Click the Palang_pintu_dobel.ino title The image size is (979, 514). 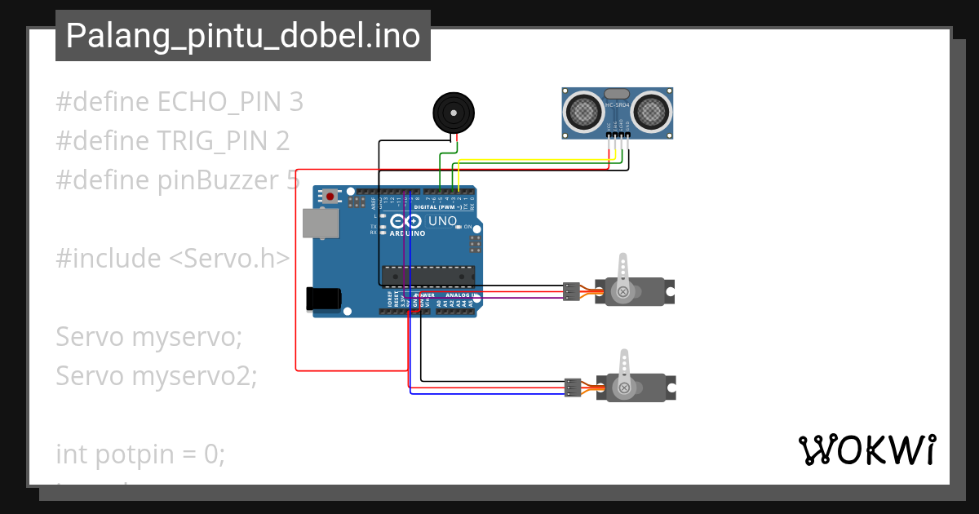click(x=242, y=36)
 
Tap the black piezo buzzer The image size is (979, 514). click(x=451, y=112)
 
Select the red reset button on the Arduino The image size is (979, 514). click(x=330, y=197)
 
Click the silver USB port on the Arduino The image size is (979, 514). click(x=319, y=223)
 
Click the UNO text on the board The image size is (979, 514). click(x=442, y=220)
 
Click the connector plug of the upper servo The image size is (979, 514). click(x=572, y=291)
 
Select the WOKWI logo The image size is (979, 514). click(x=866, y=450)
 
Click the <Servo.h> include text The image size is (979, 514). click(x=229, y=259)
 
